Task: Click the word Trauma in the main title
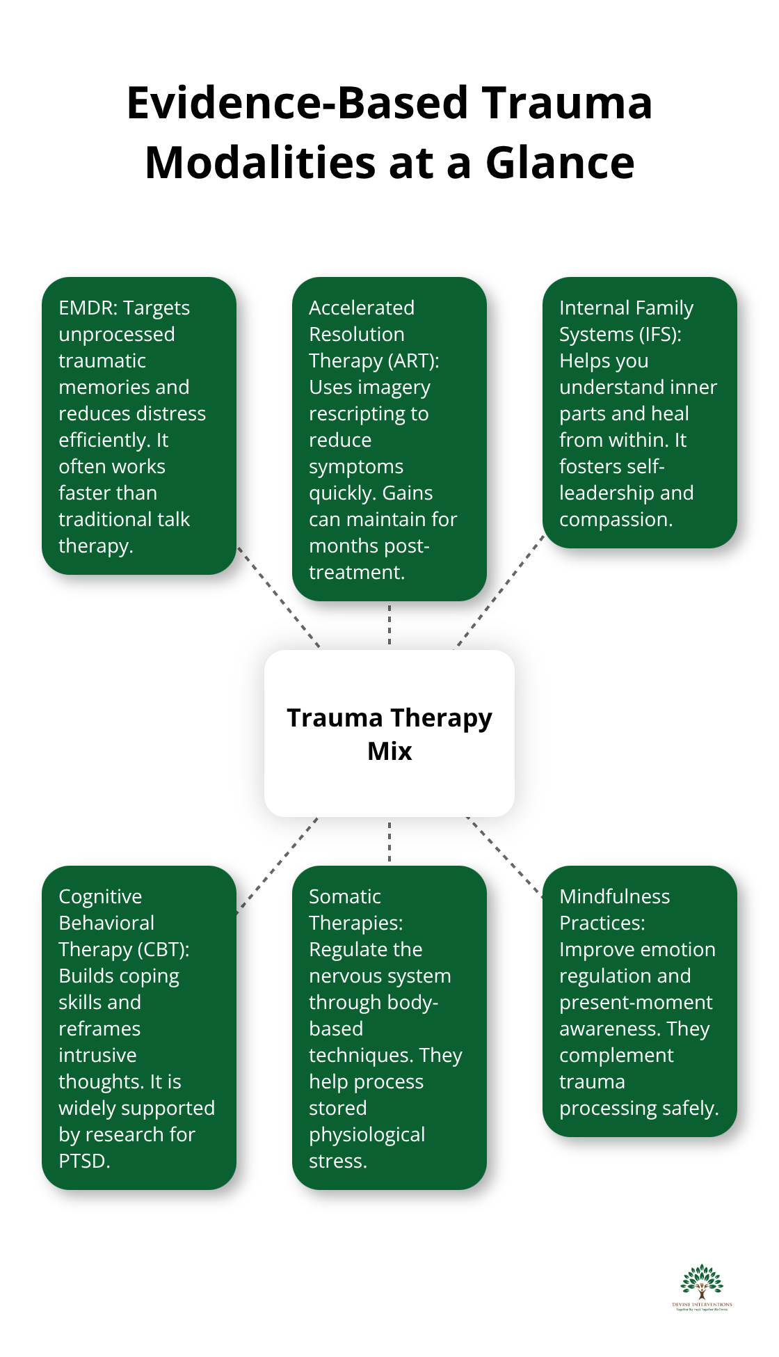point(568,103)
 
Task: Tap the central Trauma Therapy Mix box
point(389,733)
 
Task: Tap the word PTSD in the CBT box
point(84,1161)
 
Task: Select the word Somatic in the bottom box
point(344,896)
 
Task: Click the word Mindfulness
point(614,896)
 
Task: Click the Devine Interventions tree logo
point(702,1287)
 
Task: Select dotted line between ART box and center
point(389,624)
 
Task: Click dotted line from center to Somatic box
point(389,841)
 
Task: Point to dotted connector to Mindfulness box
point(504,857)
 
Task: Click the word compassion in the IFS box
point(616,519)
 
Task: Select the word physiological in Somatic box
point(367,1134)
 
